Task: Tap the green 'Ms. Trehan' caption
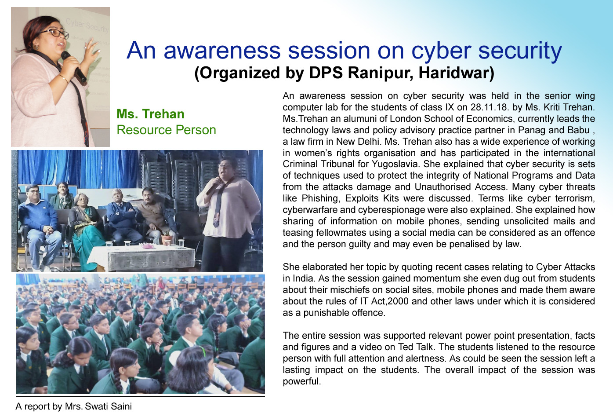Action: [150, 114]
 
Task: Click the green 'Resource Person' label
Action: [166, 130]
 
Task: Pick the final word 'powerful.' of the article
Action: [301, 381]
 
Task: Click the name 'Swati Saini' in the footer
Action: [109, 406]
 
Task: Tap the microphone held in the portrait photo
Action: [73, 66]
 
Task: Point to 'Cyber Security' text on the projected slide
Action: [87, 26]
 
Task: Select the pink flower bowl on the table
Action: [147, 245]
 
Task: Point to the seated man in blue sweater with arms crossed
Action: [123, 216]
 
